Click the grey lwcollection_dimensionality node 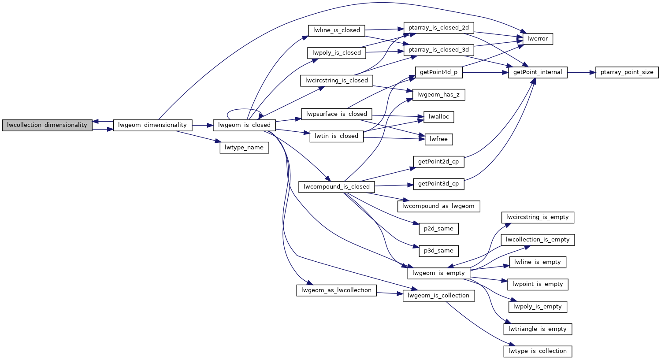(47, 125)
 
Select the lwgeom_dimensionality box (152, 125)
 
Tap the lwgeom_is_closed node (244, 125)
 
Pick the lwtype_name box (244, 148)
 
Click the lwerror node (538, 39)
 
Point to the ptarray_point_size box (627, 72)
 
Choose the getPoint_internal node (538, 72)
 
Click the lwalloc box (439, 117)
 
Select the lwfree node (439, 139)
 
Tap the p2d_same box (438, 229)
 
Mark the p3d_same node (438, 251)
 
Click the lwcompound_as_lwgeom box (438, 206)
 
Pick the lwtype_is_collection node (538, 351)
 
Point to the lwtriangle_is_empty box (538, 329)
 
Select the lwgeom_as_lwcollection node (337, 290)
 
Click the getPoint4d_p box (438, 72)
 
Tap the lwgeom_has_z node (438, 95)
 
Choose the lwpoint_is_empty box (538, 284)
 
